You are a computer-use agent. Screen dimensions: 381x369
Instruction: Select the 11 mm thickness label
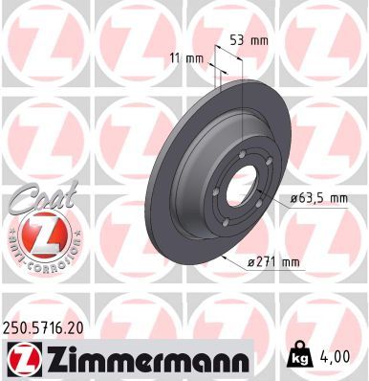pos(194,58)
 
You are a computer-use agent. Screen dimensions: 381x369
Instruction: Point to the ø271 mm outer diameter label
pos(273,262)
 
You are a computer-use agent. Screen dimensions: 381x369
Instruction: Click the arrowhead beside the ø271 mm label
pos(223,256)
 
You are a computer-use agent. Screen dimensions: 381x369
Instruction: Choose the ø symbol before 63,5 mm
pos(288,199)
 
